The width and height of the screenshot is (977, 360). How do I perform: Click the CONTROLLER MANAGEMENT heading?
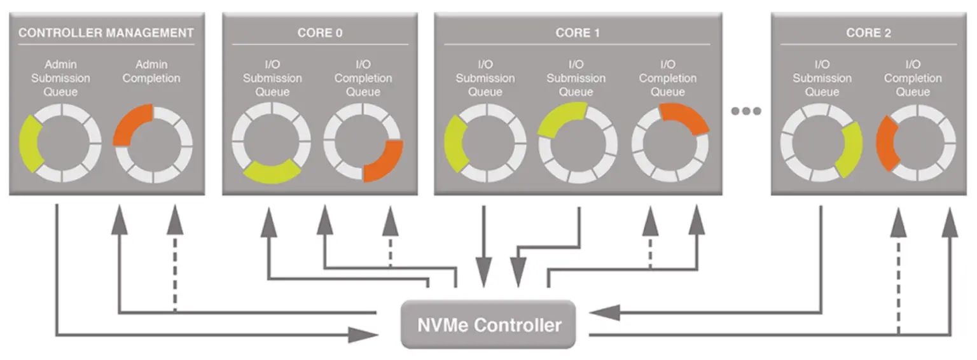[106, 33]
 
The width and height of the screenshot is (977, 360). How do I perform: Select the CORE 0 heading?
[320, 33]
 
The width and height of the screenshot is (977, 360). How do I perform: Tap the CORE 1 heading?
[578, 33]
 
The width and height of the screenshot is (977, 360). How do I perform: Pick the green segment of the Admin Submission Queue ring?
[29, 143]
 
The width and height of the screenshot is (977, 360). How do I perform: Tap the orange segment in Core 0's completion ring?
[385, 162]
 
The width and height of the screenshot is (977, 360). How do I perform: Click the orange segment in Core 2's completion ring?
[885, 142]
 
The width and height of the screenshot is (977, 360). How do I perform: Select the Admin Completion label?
[151, 71]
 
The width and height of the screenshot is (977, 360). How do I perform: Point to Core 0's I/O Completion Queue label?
[363, 78]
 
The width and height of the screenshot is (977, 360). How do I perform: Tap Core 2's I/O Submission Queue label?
[822, 78]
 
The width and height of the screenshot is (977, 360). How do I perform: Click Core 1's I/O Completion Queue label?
[668, 78]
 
